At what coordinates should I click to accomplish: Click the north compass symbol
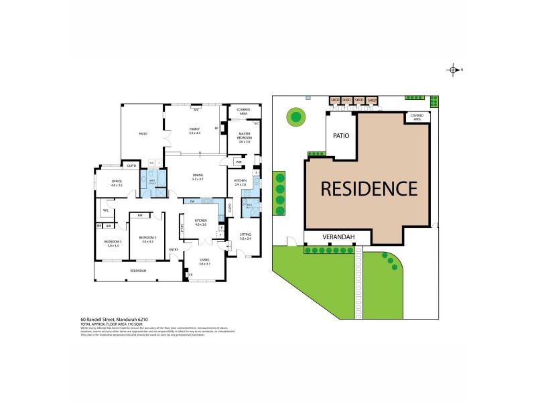(x=454, y=70)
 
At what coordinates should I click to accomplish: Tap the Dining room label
(x=197, y=178)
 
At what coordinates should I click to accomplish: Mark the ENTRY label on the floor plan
(x=174, y=251)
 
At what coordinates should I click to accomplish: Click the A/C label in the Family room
(x=197, y=109)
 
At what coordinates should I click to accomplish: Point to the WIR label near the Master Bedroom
(x=239, y=162)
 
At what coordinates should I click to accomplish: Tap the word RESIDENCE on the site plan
(x=369, y=188)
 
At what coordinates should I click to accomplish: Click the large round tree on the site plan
(x=295, y=118)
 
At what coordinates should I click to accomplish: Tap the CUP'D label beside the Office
(x=132, y=166)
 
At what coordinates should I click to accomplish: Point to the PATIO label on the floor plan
(x=143, y=134)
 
